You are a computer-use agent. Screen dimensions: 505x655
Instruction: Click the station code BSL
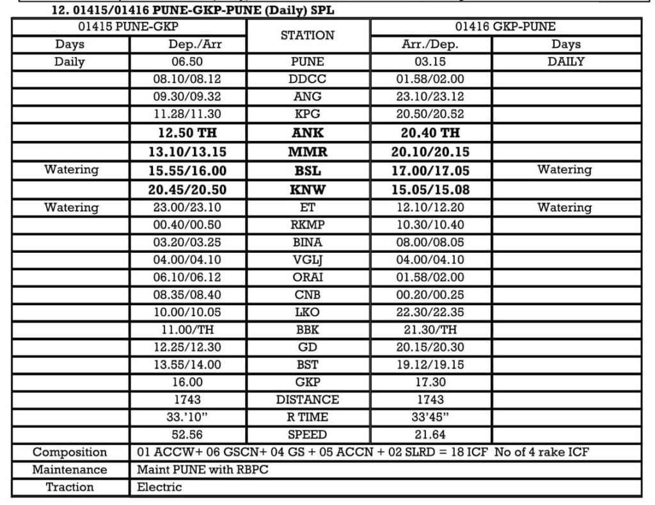click(x=308, y=170)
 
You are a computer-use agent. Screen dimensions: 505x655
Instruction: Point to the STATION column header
click(x=308, y=36)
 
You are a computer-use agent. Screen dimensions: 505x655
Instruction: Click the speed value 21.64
click(x=430, y=435)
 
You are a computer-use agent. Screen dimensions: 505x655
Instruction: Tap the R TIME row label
click(x=308, y=417)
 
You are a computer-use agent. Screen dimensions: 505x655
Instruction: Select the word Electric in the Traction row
click(x=160, y=487)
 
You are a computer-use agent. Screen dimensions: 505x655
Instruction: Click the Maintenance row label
click(x=70, y=470)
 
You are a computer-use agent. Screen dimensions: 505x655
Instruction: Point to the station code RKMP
click(x=308, y=225)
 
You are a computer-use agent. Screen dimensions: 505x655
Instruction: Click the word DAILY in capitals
click(x=566, y=63)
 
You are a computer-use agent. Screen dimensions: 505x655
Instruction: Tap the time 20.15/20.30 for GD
click(x=430, y=347)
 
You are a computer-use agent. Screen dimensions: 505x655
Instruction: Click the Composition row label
click(x=70, y=453)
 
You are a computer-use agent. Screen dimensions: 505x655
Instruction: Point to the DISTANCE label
click(x=308, y=400)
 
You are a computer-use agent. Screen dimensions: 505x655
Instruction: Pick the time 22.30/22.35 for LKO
click(x=430, y=312)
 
